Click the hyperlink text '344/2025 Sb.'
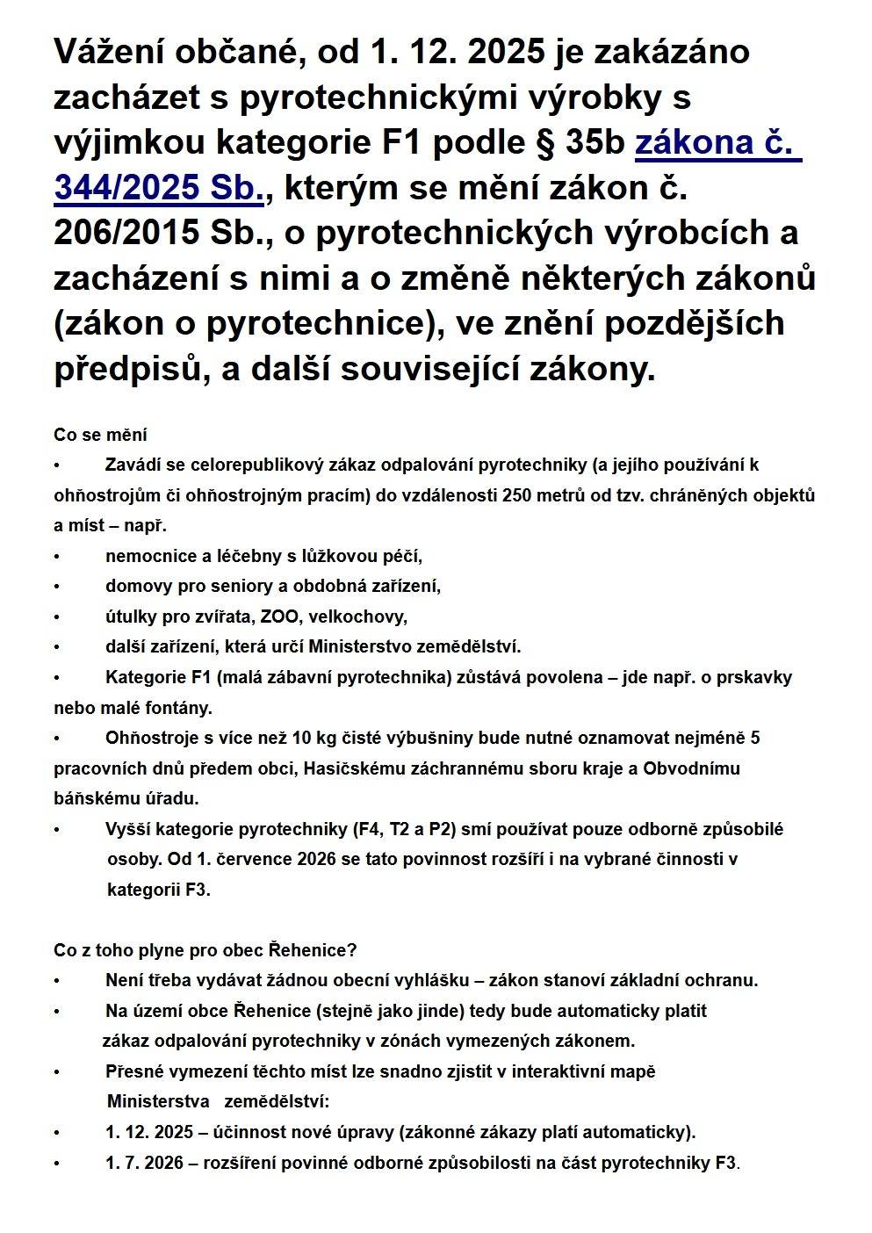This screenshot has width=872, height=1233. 159,188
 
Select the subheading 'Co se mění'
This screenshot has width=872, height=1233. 100,435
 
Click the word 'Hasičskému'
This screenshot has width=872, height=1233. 349,768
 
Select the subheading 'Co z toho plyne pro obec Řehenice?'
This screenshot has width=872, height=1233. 205,950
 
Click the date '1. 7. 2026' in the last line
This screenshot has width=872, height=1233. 144,1163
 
